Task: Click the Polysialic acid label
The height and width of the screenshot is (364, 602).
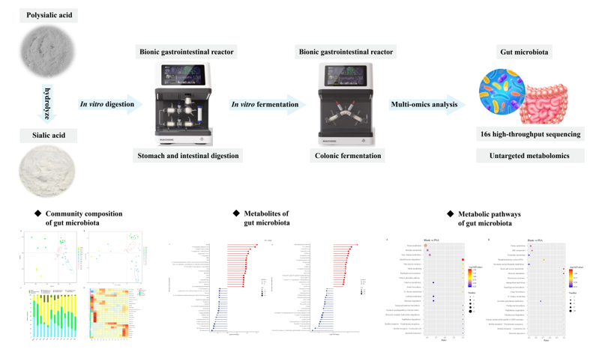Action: [x=52, y=15]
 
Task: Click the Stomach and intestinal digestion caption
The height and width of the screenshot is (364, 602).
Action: [x=187, y=156]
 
